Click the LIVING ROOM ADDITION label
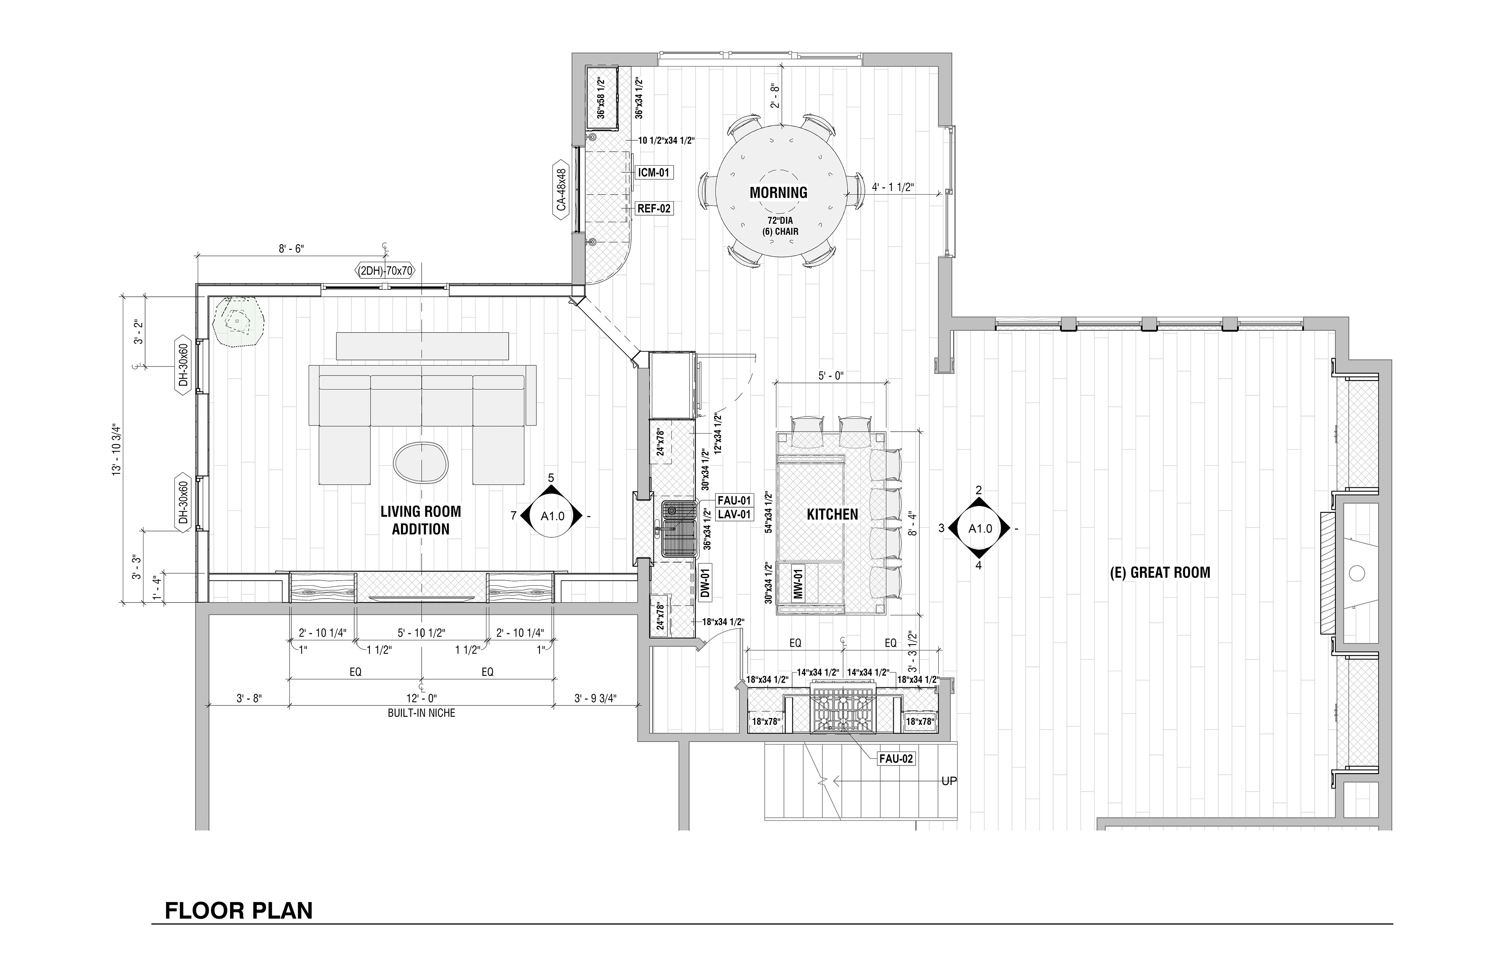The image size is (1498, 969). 421,520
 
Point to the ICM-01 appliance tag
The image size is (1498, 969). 654,172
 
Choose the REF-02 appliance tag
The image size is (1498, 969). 654,208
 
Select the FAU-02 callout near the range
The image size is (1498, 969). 896,759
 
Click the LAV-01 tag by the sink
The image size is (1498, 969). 735,514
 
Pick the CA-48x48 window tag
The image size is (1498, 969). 561,190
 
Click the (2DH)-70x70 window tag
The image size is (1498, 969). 385,271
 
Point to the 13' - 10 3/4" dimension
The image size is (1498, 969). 116,449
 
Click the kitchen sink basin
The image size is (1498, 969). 679,530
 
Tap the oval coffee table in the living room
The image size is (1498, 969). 421,462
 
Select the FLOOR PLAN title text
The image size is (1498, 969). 238,911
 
